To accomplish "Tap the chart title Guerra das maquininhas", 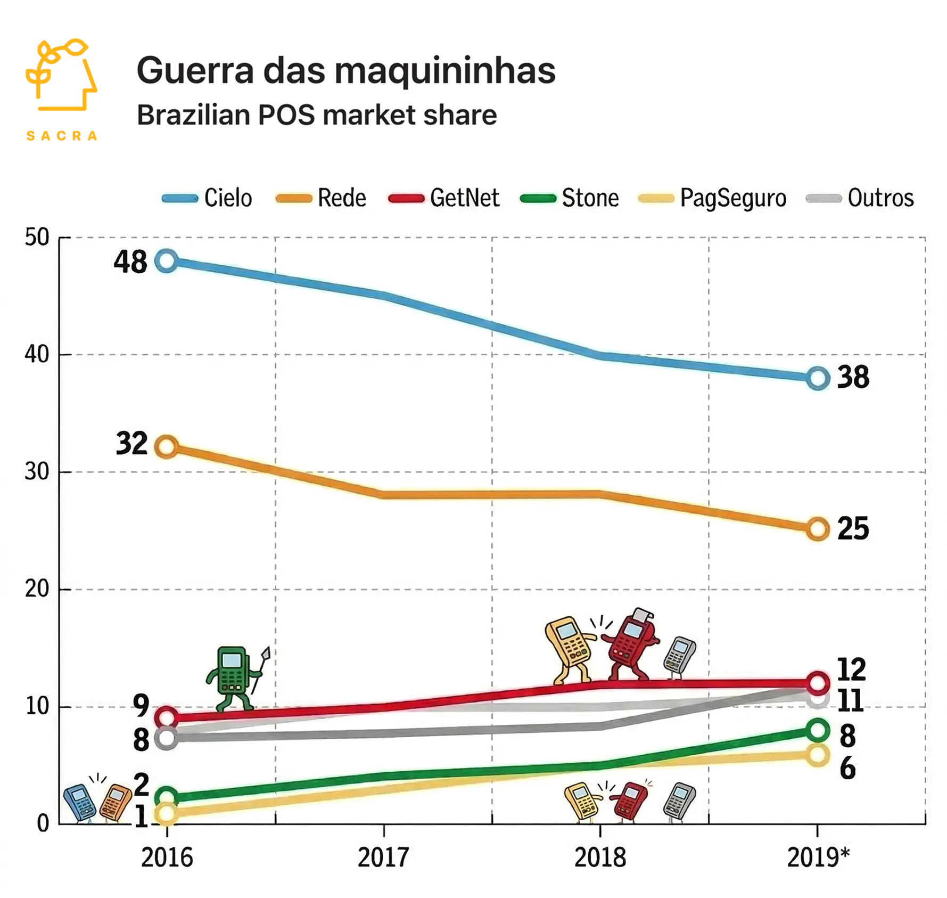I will pyautogui.click(x=346, y=70).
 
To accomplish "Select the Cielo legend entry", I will pyautogui.click(x=208, y=198).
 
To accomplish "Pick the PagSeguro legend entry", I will pyautogui.click(x=713, y=198).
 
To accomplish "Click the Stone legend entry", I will pyautogui.click(x=570, y=198).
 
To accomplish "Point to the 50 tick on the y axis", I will pyautogui.click(x=37, y=237).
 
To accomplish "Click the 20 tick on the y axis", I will pyautogui.click(x=37, y=589).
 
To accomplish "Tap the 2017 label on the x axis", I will pyautogui.click(x=383, y=858).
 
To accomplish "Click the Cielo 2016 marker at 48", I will pyautogui.click(x=167, y=260).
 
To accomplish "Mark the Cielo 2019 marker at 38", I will pyautogui.click(x=818, y=378).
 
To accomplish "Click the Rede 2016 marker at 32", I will pyautogui.click(x=167, y=446).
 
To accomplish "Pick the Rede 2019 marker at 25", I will pyautogui.click(x=818, y=529).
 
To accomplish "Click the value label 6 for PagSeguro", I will pyautogui.click(x=847, y=769).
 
